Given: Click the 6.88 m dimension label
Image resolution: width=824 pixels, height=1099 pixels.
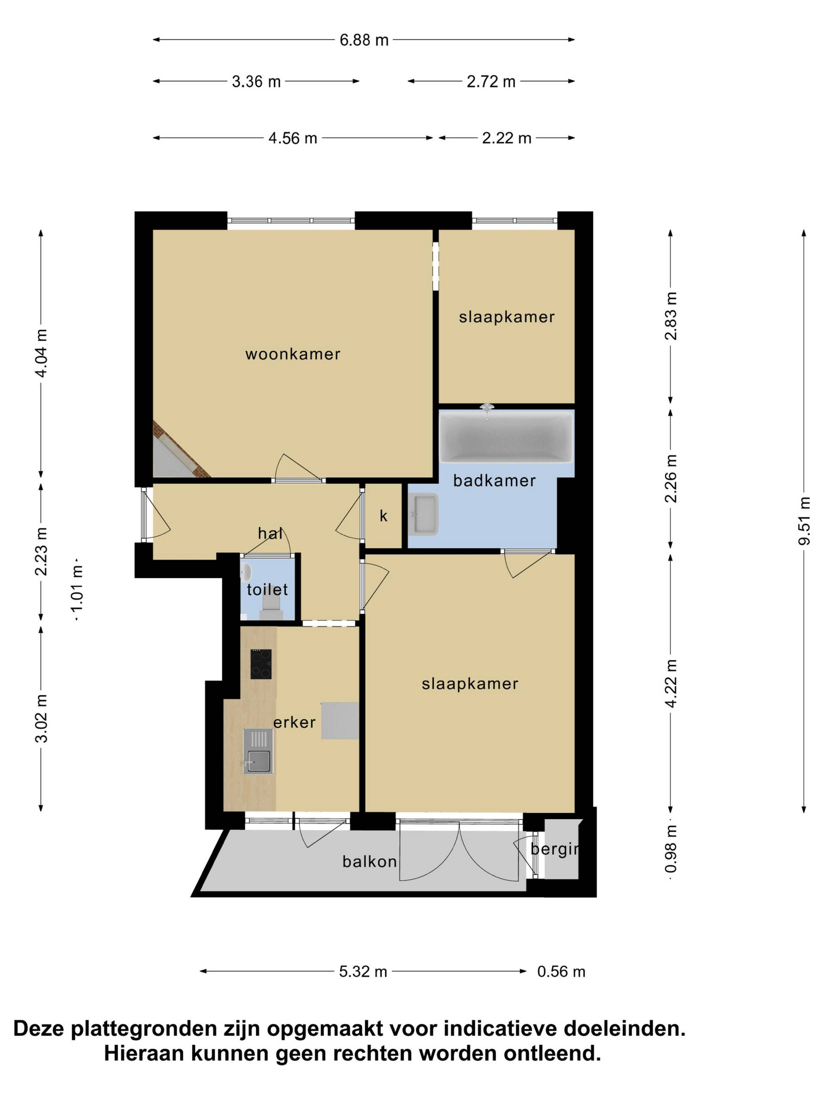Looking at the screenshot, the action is coord(364,40).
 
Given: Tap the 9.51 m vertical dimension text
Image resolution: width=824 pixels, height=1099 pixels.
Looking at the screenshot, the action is coord(804,520).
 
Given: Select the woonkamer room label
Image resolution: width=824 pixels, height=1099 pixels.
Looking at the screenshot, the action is coord(293,354).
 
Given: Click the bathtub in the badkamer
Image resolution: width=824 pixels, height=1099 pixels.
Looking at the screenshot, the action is coord(506,436).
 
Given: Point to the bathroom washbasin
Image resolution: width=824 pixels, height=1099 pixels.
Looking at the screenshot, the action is coord(423,514).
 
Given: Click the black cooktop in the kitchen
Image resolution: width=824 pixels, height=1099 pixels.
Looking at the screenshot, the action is coord(261,664).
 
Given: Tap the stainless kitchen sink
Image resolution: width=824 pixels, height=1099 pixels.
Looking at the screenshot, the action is coord(258,751).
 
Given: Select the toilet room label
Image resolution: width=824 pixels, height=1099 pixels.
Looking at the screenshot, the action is coord(267,590).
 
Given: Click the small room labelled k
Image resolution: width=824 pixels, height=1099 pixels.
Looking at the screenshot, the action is coord(383,516).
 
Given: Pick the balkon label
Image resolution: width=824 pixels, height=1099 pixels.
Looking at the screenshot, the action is coord(370,861).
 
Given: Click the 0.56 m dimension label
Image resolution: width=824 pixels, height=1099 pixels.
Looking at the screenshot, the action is coord(561,971).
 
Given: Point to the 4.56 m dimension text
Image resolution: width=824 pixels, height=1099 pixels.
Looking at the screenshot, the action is coord(293,138).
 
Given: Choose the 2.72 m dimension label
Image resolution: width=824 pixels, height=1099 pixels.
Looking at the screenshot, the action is coord(491,81).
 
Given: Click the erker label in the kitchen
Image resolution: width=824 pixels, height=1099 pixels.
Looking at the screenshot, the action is coord(294,723).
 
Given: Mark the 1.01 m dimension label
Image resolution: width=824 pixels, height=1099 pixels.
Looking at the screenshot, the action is coord(78,589).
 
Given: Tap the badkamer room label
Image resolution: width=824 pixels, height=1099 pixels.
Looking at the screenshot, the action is coord(494,480).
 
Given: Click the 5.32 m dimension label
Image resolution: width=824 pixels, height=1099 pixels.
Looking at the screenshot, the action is coord(363,971).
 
